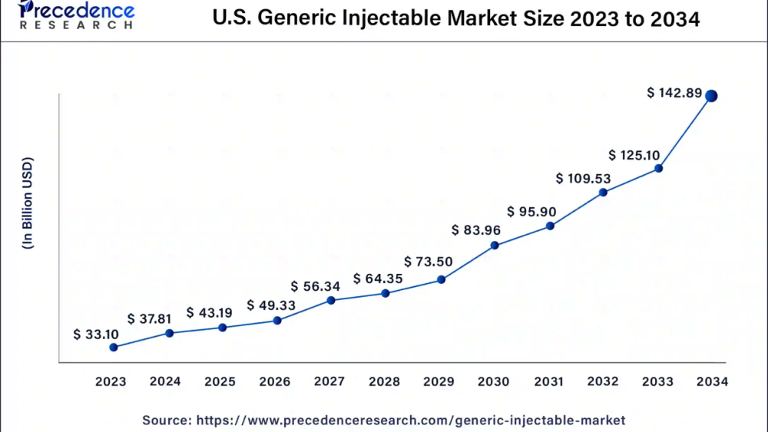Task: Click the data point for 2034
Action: click(x=711, y=96)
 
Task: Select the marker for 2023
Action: click(x=114, y=347)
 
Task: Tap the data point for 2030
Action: click(x=495, y=246)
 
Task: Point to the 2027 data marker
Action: click(x=331, y=300)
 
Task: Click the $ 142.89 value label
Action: click(x=674, y=94)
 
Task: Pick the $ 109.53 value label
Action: click(x=583, y=179)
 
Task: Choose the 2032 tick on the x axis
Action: click(x=603, y=381)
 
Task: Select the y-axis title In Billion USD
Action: click(x=28, y=203)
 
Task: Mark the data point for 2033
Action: click(x=658, y=168)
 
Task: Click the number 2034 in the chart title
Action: click(x=674, y=19)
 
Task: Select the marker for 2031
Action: click(x=550, y=226)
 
